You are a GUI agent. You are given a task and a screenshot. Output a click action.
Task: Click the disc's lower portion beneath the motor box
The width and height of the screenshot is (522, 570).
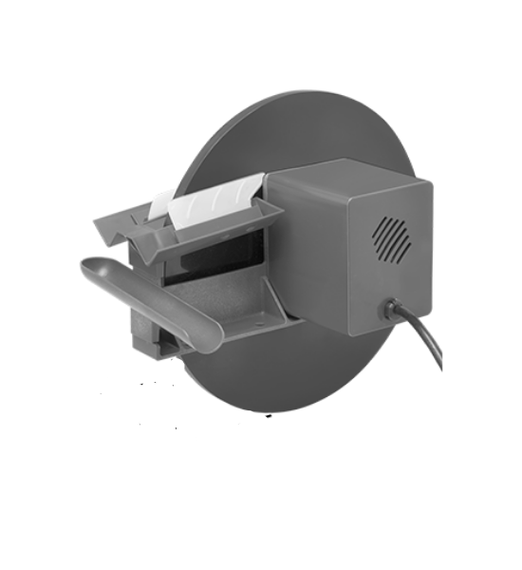pyautogui.click(x=304, y=375)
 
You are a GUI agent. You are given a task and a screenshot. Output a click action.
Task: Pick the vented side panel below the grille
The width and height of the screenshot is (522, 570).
pyautogui.click(x=399, y=285)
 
